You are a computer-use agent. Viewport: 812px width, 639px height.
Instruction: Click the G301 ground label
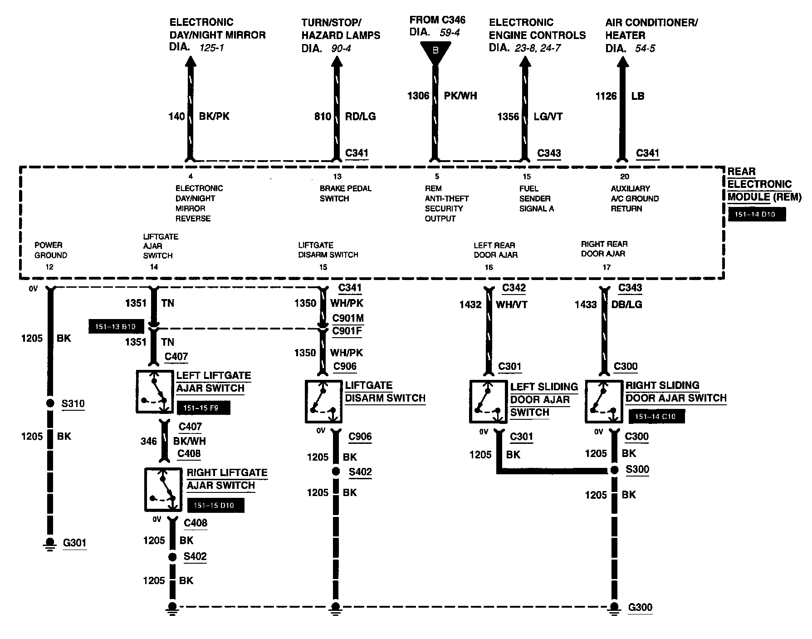coord(74,543)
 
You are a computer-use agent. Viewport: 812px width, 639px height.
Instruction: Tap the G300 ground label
coord(640,607)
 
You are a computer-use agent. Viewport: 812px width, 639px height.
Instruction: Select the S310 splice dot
coord(50,403)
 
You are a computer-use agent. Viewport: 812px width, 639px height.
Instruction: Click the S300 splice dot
coord(614,470)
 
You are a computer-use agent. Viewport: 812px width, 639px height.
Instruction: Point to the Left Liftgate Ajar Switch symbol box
coord(155,392)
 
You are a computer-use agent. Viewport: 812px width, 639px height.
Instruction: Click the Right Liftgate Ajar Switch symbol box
coord(163,489)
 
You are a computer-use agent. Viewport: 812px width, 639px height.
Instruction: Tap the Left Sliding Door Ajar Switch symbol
coord(488,402)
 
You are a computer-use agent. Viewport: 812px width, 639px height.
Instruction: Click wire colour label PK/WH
coord(460,96)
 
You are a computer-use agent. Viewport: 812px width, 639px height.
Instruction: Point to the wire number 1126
coord(606,96)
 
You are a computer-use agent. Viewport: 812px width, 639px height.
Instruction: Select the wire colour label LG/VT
coord(548,117)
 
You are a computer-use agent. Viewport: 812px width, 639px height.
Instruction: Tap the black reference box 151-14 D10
coord(756,215)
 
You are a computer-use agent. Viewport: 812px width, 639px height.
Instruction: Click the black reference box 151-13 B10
coord(116,326)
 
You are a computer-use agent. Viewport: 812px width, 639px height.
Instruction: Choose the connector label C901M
coord(347,318)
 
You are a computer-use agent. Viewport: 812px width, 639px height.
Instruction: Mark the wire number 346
coord(148,441)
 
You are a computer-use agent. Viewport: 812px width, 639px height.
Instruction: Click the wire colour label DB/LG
coord(627,305)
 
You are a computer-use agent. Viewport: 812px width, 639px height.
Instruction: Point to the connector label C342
coord(514,288)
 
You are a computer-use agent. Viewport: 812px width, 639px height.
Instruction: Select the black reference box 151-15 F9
coord(203,408)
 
